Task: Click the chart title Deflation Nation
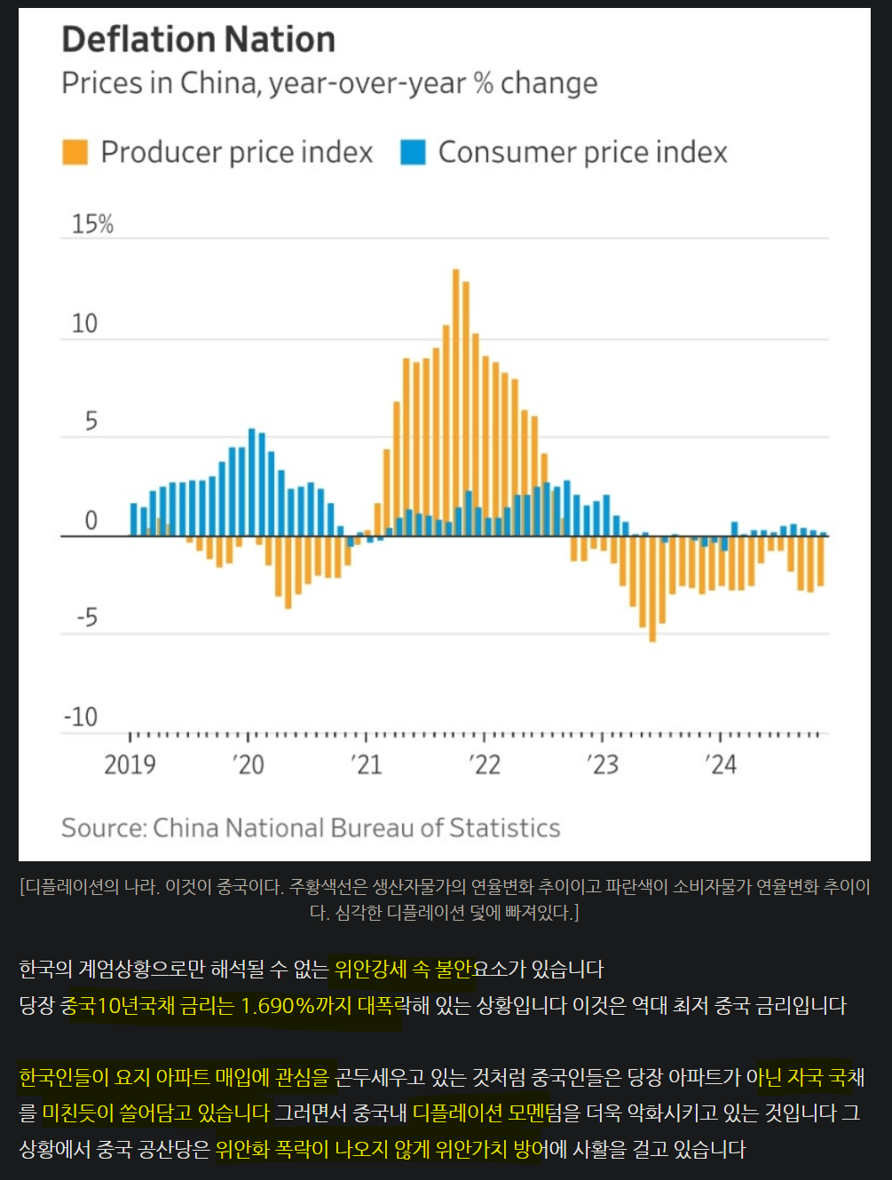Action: click(x=198, y=40)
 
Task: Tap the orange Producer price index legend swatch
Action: click(x=75, y=152)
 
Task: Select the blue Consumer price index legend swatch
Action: click(x=413, y=152)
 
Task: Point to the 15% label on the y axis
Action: click(x=92, y=224)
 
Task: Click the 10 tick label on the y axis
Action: click(x=84, y=323)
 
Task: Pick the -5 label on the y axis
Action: click(x=86, y=617)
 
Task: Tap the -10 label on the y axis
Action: click(x=81, y=717)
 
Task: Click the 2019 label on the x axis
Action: click(x=130, y=764)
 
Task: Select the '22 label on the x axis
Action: click(x=485, y=764)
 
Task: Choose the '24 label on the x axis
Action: click(x=721, y=764)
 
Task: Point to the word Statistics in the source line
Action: click(x=504, y=828)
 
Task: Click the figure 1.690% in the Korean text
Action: click(x=278, y=1006)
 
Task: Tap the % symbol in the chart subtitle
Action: click(x=483, y=83)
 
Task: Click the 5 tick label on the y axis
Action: click(x=91, y=422)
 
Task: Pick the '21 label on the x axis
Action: click(x=366, y=764)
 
